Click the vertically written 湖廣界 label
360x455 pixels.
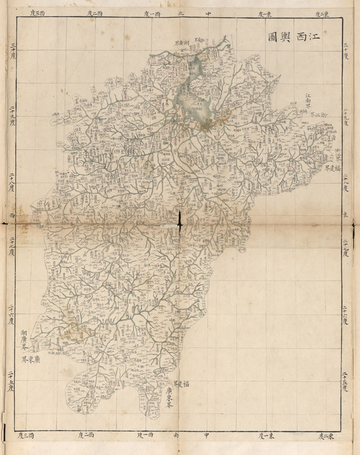pos(25,341)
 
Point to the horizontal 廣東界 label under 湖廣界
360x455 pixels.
pos(32,360)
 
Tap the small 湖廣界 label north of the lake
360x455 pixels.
pos(181,43)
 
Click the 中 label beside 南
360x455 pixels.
pos(207,435)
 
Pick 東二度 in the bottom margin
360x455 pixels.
pos(325,435)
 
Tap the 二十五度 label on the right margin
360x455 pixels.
pos(346,380)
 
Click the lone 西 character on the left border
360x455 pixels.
pos(12,214)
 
